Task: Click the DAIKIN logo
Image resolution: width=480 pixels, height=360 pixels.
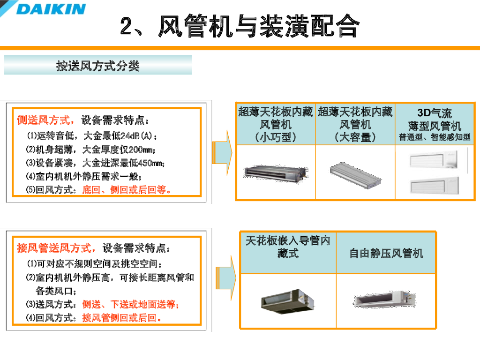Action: (43, 8)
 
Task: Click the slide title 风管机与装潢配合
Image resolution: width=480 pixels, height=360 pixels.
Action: (259, 26)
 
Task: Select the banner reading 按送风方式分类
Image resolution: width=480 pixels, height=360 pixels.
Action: (98, 65)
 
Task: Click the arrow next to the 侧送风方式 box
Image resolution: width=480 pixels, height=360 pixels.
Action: (223, 152)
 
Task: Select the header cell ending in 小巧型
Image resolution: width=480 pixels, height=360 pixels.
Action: (276, 124)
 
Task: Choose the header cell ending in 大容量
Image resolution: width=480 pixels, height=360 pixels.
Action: (355, 124)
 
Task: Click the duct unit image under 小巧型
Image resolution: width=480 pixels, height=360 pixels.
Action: (276, 173)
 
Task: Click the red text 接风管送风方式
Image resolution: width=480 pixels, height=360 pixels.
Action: (54, 248)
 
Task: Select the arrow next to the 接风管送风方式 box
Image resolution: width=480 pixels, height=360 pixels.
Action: (226, 278)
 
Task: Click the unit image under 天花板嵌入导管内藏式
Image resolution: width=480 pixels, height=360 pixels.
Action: (287, 301)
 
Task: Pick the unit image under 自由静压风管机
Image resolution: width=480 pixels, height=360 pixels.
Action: (385, 299)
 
